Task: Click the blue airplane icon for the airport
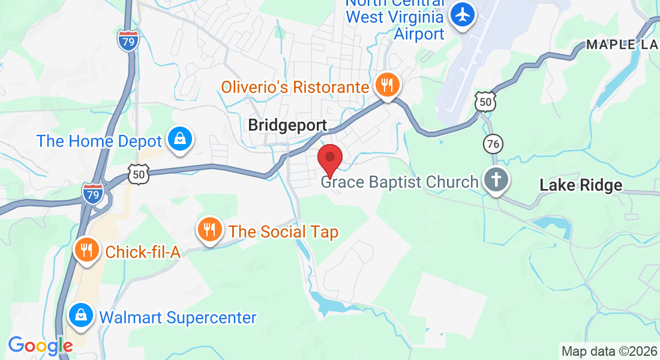tap(463, 14)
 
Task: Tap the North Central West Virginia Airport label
tap(395, 18)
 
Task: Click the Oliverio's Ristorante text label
tap(295, 87)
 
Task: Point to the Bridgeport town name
tap(287, 125)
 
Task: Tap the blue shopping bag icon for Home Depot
tap(179, 139)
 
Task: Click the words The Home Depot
tap(100, 142)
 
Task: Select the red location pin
tap(329, 160)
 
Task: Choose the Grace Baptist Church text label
tap(400, 182)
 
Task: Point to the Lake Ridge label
tap(581, 185)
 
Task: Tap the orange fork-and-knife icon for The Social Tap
tap(209, 229)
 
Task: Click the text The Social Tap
tap(284, 232)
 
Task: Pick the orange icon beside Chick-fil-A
tap(87, 250)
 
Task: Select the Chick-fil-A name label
tap(143, 252)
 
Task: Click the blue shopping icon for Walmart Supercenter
tap(80, 316)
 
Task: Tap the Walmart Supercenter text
tap(178, 317)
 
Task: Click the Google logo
tap(40, 346)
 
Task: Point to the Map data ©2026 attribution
tap(608, 351)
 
